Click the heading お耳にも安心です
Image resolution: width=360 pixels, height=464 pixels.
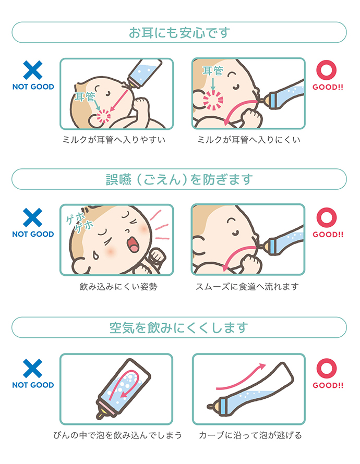pyautogui.click(x=179, y=32)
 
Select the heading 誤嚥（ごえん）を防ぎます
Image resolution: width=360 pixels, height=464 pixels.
pyautogui.click(x=179, y=179)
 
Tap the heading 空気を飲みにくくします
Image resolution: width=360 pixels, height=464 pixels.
pyautogui.click(x=179, y=327)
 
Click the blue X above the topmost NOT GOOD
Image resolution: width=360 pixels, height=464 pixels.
pyautogui.click(x=33, y=70)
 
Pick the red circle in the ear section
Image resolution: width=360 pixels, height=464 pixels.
pyautogui.click(x=326, y=70)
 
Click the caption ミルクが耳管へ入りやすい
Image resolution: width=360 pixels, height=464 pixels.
pyautogui.click(x=114, y=139)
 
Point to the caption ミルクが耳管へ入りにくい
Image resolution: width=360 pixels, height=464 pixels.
pyautogui.click(x=249, y=139)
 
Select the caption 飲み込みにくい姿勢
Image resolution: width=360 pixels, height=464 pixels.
pyautogui.click(x=118, y=286)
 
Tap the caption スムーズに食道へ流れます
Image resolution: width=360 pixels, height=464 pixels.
pyautogui.click(x=247, y=286)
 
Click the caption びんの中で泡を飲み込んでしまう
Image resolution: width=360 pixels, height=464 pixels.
pyautogui.click(x=117, y=435)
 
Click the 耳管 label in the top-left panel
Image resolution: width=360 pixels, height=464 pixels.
pyautogui.click(x=85, y=96)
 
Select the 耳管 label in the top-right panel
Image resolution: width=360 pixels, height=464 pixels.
pyautogui.click(x=213, y=70)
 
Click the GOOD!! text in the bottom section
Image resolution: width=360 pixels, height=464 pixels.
pyautogui.click(x=328, y=385)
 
